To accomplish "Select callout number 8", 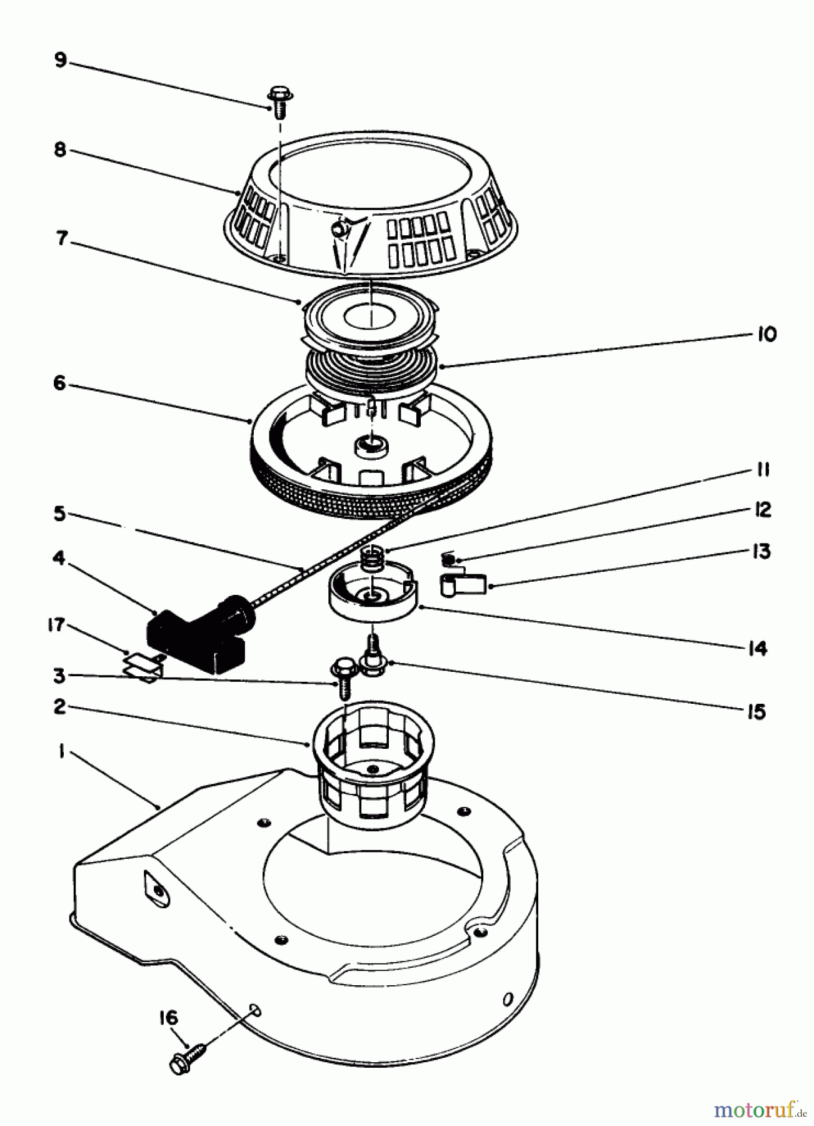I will pyautogui.click(x=59, y=151).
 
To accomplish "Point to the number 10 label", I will pyautogui.click(x=766, y=334).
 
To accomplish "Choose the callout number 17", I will pyautogui.click(x=57, y=624).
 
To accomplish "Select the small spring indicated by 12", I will pyautogui.click(x=449, y=558).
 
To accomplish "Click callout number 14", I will pyautogui.click(x=757, y=649).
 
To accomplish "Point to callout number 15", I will pyautogui.click(x=757, y=711).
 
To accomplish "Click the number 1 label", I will pyautogui.click(x=61, y=753).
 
